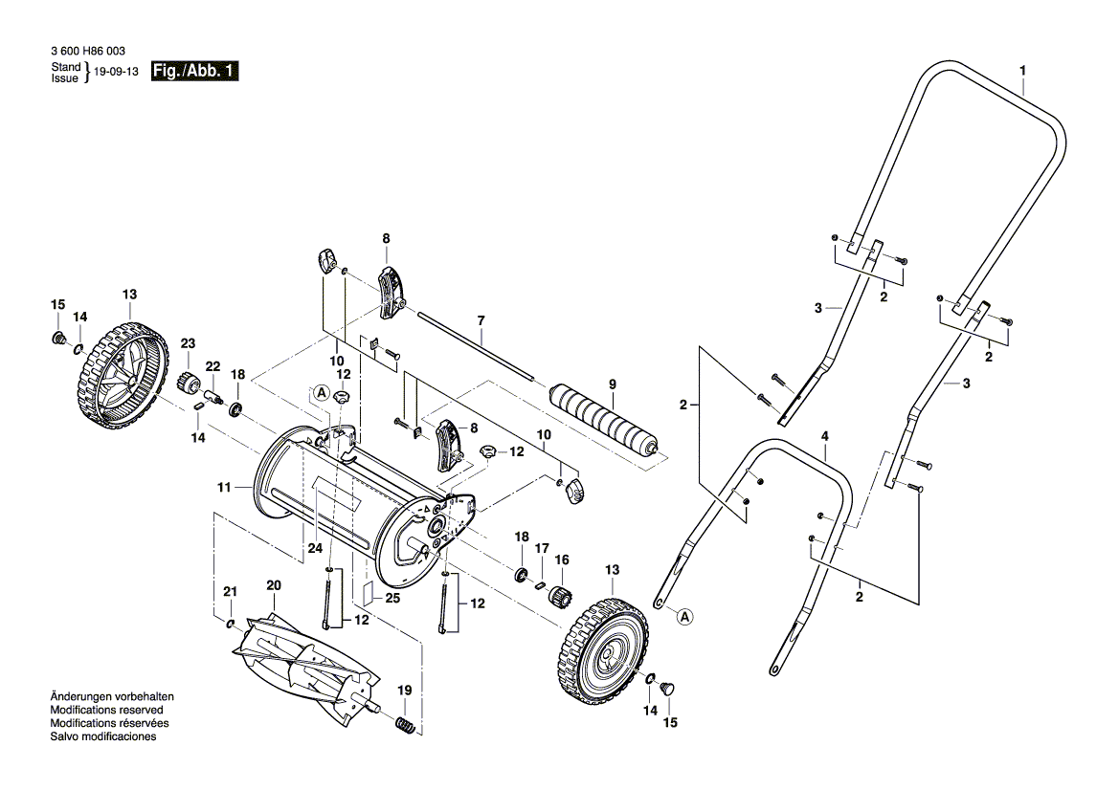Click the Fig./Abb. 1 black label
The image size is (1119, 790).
tap(195, 73)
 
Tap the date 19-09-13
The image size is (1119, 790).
tap(117, 73)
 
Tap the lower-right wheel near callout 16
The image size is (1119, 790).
tap(603, 651)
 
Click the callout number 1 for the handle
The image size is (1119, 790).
tap(1022, 71)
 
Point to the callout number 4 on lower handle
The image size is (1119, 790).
tap(824, 436)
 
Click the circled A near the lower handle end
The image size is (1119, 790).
tap(684, 617)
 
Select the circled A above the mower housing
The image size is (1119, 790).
tap(321, 392)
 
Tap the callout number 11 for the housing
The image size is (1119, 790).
tap(223, 487)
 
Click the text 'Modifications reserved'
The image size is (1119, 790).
tap(106, 711)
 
